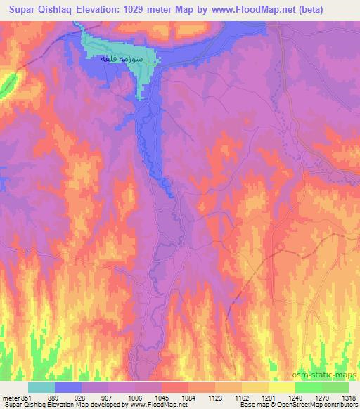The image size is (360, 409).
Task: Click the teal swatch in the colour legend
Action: pos(41,387)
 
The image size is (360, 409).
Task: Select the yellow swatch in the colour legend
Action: pos(281,387)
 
